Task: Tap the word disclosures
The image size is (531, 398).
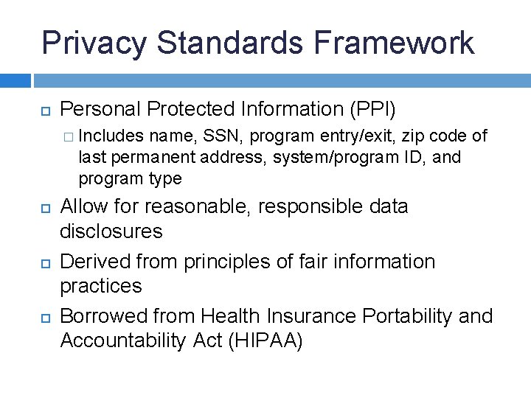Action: coord(111,231)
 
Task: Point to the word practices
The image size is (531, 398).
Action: coord(100,286)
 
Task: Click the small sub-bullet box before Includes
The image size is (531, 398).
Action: coord(68,136)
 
